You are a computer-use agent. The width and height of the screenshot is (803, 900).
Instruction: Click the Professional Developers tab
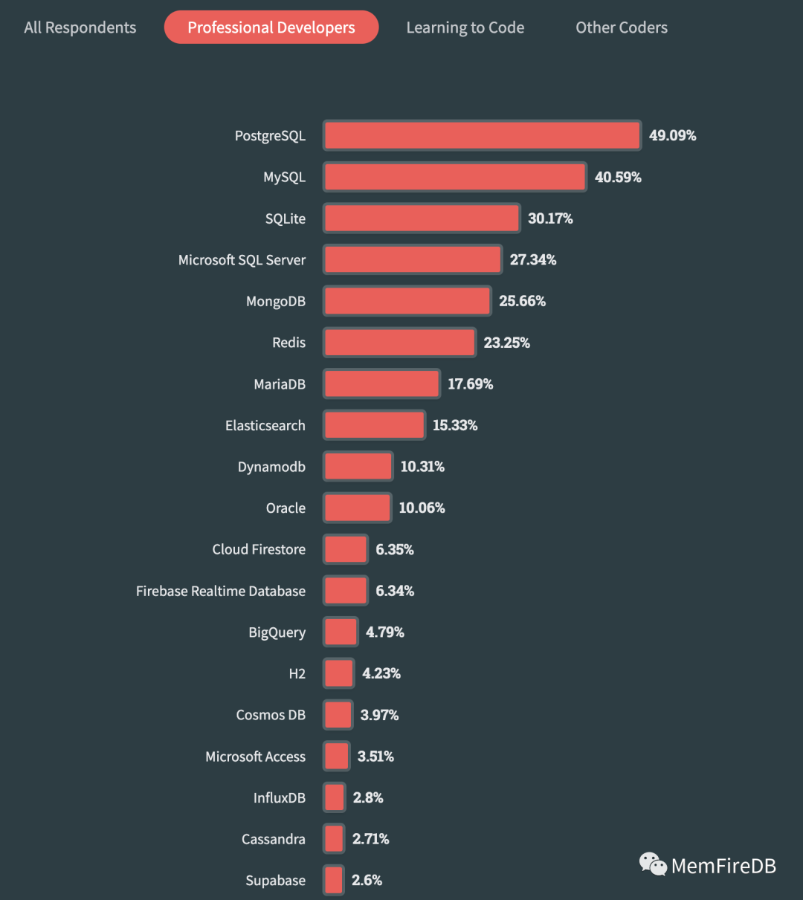point(271,27)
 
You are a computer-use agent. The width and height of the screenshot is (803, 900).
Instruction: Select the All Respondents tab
point(80,27)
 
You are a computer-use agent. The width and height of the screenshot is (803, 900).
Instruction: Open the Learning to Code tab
point(465,27)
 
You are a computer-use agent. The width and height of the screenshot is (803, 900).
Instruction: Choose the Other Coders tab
point(622,27)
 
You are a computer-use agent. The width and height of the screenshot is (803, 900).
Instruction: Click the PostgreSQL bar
point(482,135)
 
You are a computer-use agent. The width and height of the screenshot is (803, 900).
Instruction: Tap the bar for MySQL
point(455,177)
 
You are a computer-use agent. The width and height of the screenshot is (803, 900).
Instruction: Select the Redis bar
point(399,343)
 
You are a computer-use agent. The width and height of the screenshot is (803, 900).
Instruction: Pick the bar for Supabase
point(334,880)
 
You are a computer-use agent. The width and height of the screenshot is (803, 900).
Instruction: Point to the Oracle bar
point(357,508)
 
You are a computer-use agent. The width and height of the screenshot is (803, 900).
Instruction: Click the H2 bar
point(338,673)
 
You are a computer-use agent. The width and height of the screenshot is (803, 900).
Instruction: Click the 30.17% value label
point(550,218)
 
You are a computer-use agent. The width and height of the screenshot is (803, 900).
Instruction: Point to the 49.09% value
point(672,135)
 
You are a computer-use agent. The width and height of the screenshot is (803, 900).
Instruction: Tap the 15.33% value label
point(455,425)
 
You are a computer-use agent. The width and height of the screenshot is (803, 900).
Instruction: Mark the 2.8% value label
point(368,797)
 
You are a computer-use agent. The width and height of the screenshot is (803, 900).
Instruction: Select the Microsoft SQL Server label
point(242,260)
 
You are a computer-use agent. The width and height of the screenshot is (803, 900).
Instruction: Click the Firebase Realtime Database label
point(221,591)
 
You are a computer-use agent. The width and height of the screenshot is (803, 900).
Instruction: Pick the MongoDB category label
point(276,301)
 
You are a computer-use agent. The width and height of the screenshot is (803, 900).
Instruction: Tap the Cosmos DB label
point(271,715)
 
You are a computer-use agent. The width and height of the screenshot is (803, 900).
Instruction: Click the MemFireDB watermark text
point(723,866)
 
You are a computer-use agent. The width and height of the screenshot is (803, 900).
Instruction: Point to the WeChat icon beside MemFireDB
point(653,864)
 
